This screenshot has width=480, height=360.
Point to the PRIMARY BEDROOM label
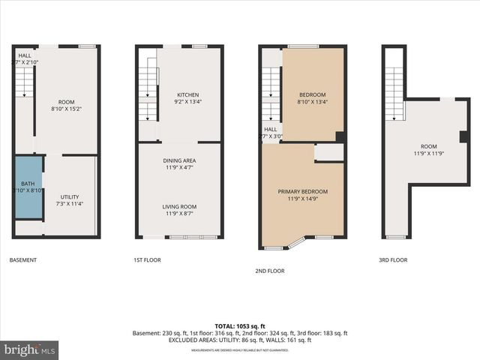303,191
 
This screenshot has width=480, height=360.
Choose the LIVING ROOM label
179,206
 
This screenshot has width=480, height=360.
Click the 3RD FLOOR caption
393,260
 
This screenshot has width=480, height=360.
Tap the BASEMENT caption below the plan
23,260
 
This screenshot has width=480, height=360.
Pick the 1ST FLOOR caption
147,260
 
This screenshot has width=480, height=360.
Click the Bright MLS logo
30,349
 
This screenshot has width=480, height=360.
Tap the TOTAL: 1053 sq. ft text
240,325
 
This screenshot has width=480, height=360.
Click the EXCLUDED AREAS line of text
240,340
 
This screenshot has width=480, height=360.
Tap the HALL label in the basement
25,55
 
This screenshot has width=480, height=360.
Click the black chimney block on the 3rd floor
463,136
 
